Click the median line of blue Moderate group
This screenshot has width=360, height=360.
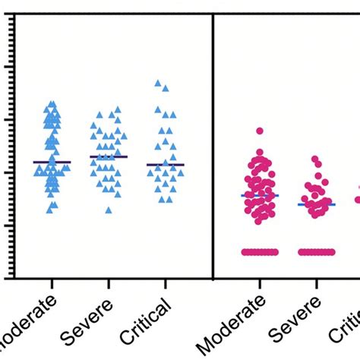coord(52,162)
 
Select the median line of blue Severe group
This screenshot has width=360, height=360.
coord(109,156)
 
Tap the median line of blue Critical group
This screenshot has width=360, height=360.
coord(166,164)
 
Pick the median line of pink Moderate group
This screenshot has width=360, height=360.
coord(260,195)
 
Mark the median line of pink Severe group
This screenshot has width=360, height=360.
coord(316,204)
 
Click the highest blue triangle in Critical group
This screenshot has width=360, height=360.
coord(158,84)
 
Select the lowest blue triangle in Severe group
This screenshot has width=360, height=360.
coord(109,210)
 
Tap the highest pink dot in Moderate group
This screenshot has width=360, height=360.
coord(260,131)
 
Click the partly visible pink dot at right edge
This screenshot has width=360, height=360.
coord(357,200)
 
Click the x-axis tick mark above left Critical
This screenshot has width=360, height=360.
coord(166,283)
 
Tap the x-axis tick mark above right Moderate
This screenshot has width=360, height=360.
coord(260,283)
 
